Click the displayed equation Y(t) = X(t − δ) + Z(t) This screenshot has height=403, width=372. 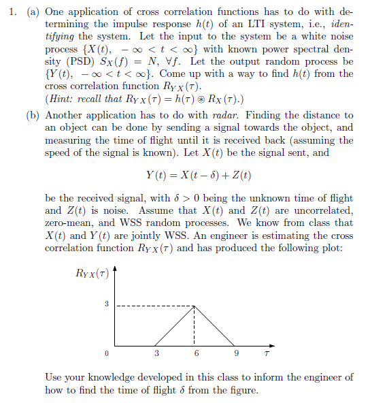pyautogui.click(x=199, y=175)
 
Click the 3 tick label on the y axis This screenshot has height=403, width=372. pyautogui.click(x=105, y=304)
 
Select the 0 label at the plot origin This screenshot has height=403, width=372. pyautogui.click(x=105, y=354)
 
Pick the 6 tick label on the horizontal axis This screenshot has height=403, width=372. pyautogui.click(x=197, y=354)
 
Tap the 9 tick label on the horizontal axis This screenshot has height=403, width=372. pyautogui.click(x=236, y=354)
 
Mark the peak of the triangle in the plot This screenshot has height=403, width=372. pyautogui.click(x=197, y=305)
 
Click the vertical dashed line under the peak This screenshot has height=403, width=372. pyautogui.click(x=197, y=327)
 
